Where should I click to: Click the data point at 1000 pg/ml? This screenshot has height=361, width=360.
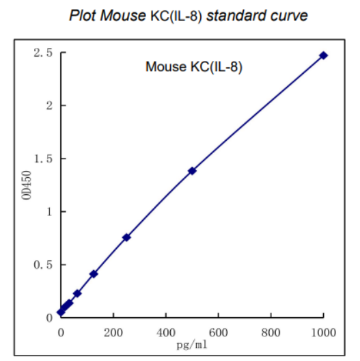coord(323,55)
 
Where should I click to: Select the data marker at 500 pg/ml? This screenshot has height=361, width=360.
coord(192,170)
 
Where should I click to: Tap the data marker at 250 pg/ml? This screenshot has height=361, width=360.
coord(126,237)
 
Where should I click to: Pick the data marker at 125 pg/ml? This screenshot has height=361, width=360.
coord(94,273)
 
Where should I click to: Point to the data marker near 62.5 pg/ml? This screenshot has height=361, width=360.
coord(77,293)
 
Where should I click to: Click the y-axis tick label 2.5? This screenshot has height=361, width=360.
coord(42,53)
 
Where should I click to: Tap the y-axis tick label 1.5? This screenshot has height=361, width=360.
coord(42,159)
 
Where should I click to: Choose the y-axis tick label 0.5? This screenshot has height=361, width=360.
coord(42,265)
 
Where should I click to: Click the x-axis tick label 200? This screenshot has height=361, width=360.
coord(113,332)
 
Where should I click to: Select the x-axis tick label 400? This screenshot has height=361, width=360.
coord(166,332)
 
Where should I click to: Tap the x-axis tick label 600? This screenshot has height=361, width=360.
coord(219,332)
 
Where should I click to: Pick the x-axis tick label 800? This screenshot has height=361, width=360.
coord(271,332)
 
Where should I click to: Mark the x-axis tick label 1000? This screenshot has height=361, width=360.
coord(322,332)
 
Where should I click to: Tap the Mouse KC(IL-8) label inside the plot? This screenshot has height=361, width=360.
coord(194,67)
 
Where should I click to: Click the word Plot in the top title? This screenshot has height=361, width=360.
coord(83,15)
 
